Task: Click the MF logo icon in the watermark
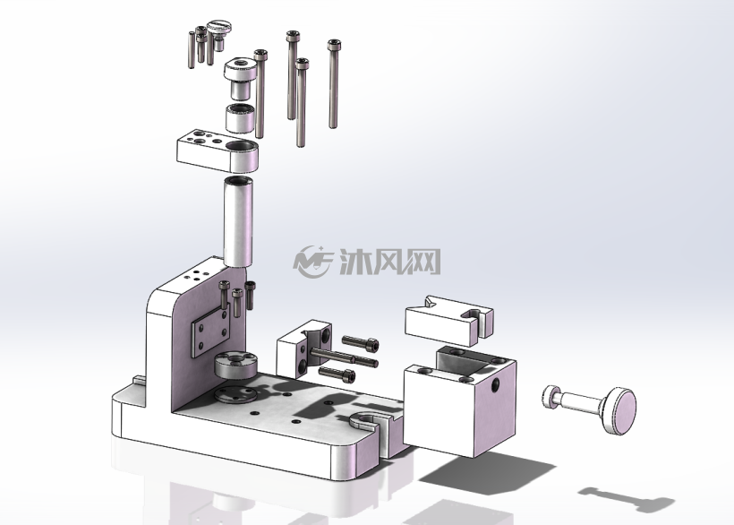coord(312,262)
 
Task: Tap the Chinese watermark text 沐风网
coord(390,262)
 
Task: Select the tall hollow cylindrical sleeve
coord(238,222)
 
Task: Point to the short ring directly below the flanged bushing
coord(240,117)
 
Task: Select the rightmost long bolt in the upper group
coord(333,83)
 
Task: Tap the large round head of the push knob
coord(619,410)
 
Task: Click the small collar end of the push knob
coord(550,396)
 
